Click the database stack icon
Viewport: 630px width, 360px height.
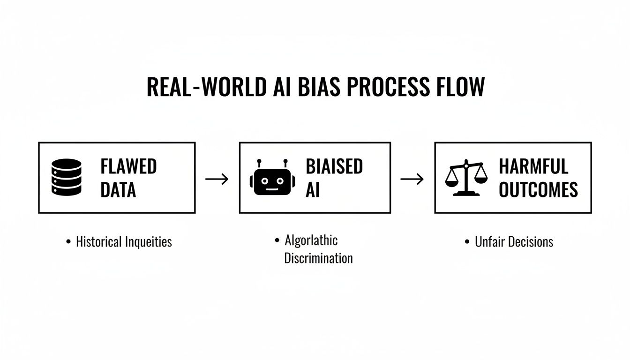[66, 177]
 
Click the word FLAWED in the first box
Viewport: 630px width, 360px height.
[128, 166]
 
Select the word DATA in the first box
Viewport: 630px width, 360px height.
[118, 190]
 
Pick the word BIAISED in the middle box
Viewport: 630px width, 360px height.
[334, 166]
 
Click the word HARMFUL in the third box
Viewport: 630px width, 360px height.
[533, 166]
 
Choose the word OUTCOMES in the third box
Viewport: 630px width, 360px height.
[538, 190]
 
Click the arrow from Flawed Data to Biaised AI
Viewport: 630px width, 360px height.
[217, 179]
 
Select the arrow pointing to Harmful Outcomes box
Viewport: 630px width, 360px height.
[412, 179]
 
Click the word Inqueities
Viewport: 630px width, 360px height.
[149, 242]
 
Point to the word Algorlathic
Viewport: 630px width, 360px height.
[311, 240]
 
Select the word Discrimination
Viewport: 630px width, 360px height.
[318, 258]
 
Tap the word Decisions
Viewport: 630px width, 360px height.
[531, 242]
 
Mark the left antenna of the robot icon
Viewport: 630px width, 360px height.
[258, 164]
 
